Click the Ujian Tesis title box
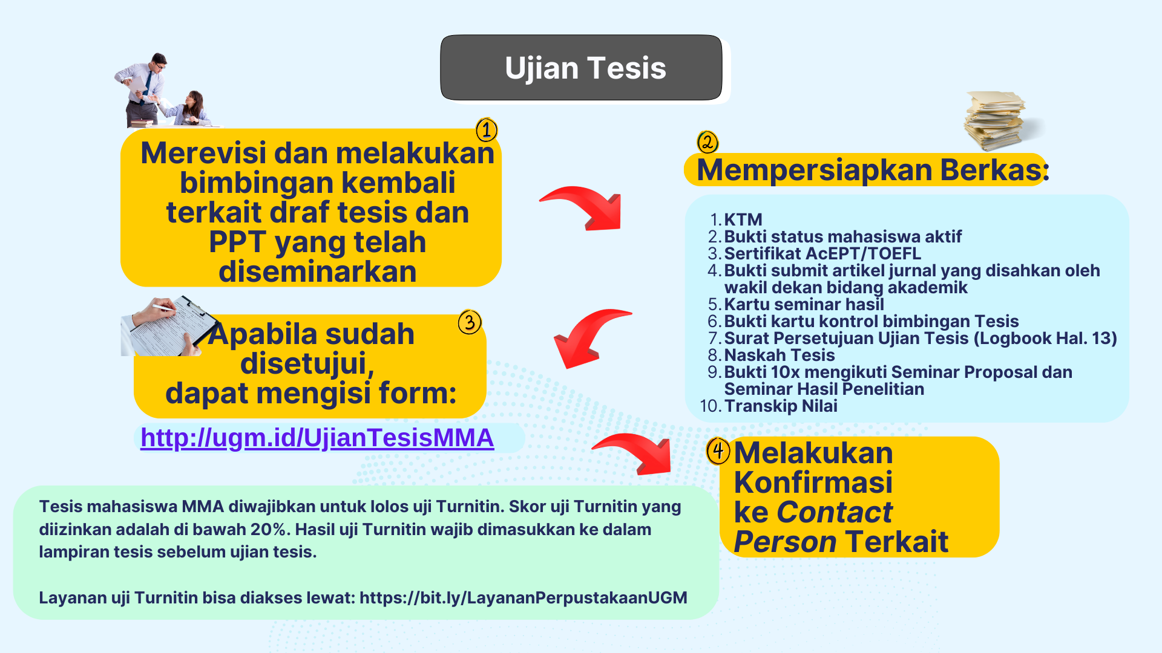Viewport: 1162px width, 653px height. [x=581, y=68]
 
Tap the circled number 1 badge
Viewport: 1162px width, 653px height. [x=487, y=130]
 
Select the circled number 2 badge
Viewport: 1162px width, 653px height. [x=707, y=143]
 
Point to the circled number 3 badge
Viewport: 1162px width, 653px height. [x=470, y=322]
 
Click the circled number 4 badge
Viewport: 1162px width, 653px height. [x=718, y=451]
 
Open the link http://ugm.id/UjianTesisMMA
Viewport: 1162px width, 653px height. [x=317, y=438]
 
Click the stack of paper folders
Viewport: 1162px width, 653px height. [x=999, y=120]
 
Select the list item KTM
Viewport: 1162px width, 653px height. [x=743, y=219]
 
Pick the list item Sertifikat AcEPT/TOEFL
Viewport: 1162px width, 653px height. [x=822, y=253]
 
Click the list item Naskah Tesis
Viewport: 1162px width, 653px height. [x=780, y=355]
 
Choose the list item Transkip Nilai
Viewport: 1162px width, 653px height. [x=781, y=406]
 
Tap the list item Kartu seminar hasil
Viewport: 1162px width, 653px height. [x=804, y=304]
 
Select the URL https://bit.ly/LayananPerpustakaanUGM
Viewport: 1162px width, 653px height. [x=524, y=598]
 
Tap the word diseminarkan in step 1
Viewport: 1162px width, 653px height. [x=318, y=271]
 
